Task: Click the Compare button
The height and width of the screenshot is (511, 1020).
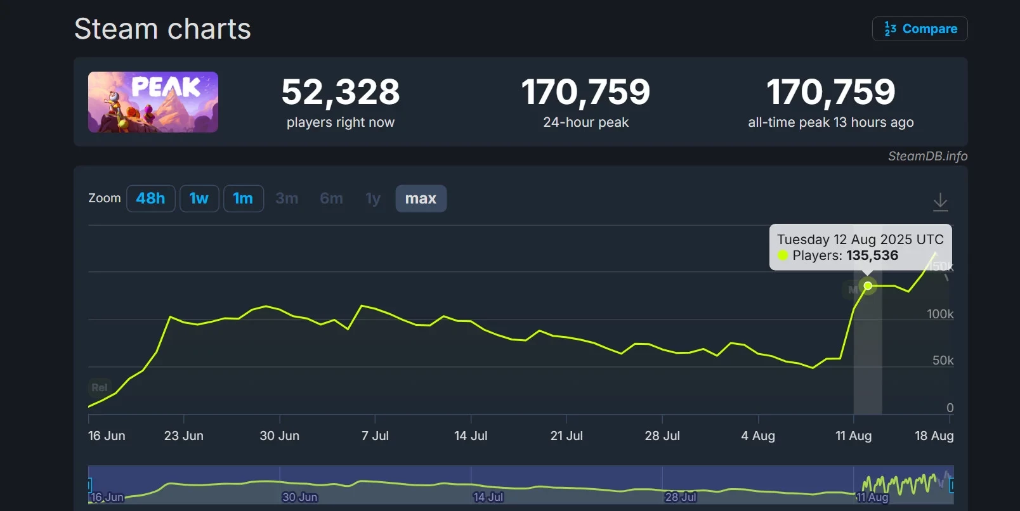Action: [920, 29]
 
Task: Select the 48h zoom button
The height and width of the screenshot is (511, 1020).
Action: [150, 198]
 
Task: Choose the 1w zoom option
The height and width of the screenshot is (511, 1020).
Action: [199, 198]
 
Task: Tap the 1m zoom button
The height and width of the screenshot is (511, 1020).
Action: [243, 198]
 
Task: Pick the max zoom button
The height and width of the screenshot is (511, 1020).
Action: [421, 198]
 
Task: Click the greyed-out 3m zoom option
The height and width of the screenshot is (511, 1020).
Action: [287, 198]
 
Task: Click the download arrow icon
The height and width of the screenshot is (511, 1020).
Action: [940, 202]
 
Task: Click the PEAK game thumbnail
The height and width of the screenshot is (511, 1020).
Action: [153, 102]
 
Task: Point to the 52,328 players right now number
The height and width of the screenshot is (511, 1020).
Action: [341, 92]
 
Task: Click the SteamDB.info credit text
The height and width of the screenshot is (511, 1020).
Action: [927, 156]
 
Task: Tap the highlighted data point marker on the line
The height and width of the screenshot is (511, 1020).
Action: [868, 286]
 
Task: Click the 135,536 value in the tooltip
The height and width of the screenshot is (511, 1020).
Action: [872, 256]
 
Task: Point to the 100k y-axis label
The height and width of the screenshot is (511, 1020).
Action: [940, 314]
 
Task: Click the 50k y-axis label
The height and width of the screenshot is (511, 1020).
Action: [943, 360]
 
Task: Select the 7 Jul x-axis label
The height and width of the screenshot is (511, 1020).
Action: [375, 436]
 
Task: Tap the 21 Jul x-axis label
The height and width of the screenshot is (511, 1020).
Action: [566, 436]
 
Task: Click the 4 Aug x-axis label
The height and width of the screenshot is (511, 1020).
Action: [758, 436]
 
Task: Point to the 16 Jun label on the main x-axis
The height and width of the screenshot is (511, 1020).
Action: [107, 436]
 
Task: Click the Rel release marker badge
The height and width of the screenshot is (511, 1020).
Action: [99, 387]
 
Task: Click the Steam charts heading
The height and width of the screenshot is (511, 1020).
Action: [162, 29]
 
